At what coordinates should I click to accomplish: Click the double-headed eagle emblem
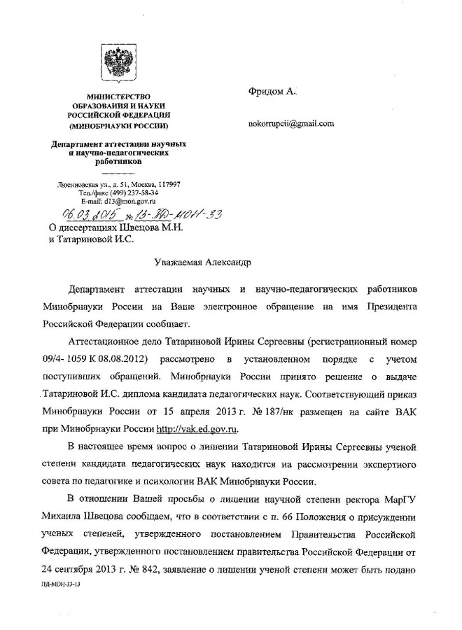[117, 64]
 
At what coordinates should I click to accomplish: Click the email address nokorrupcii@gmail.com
[289, 124]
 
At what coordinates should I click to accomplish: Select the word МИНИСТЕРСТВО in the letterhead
[117, 96]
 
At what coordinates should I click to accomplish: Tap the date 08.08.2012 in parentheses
[121, 359]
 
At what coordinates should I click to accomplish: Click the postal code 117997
[167, 184]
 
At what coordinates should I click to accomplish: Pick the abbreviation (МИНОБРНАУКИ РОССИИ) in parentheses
[117, 127]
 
